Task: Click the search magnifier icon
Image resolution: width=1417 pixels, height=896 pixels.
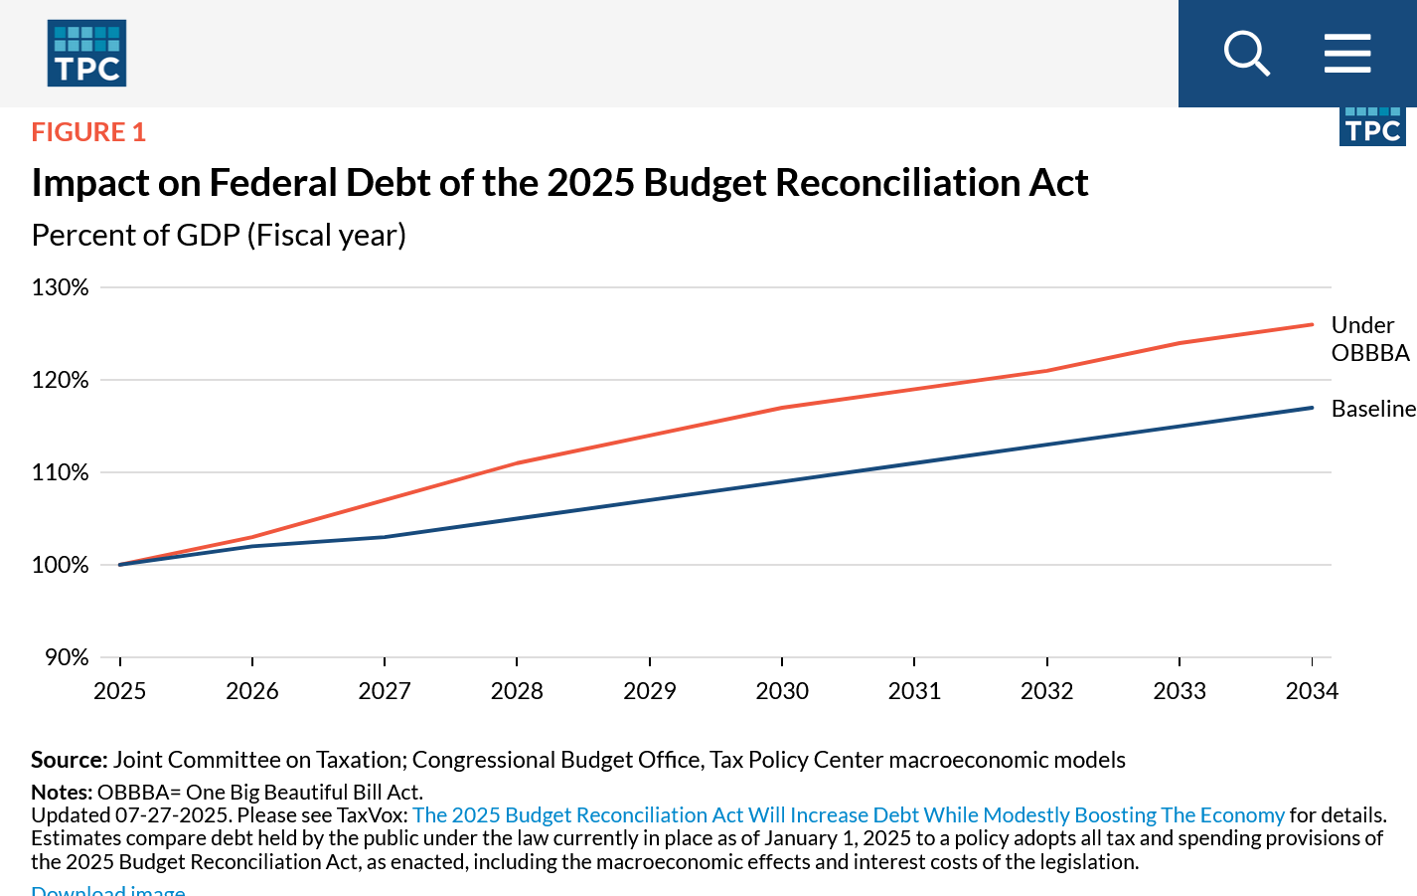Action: pyautogui.click(x=1246, y=53)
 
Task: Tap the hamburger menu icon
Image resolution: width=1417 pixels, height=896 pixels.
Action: pyautogui.click(x=1347, y=53)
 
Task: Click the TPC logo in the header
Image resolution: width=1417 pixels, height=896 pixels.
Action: pyautogui.click(x=86, y=53)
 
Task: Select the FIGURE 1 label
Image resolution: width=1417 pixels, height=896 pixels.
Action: pyautogui.click(x=88, y=132)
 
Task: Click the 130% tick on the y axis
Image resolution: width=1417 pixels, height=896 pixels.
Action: pyautogui.click(x=61, y=287)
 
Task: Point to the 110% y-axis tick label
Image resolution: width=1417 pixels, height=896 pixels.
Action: pyautogui.click(x=61, y=472)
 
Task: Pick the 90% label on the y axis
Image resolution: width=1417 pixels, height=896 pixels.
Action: pyautogui.click(x=67, y=657)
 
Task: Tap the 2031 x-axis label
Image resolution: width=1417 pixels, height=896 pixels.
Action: pyautogui.click(x=914, y=691)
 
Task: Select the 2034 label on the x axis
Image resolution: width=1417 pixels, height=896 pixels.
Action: pyautogui.click(x=1312, y=691)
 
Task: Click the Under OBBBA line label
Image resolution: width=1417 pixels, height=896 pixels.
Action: pyautogui.click(x=1369, y=339)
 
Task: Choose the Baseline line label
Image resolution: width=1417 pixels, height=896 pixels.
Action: pyautogui.click(x=1373, y=409)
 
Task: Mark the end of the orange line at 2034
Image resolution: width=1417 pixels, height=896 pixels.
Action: pyautogui.click(x=1312, y=324)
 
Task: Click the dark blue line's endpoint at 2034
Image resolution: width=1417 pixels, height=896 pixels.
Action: pyautogui.click(x=1312, y=408)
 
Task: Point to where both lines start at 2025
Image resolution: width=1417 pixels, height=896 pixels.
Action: pyautogui.click(x=120, y=565)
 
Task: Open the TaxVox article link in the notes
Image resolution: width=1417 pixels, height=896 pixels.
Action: pyautogui.click(x=848, y=815)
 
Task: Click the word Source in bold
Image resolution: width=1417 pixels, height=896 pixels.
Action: pyautogui.click(x=68, y=760)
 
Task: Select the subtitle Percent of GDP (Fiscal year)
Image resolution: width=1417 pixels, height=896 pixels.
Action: pyautogui.click(x=219, y=236)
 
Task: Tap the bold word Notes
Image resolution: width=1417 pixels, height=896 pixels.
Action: pyautogui.click(x=62, y=793)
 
